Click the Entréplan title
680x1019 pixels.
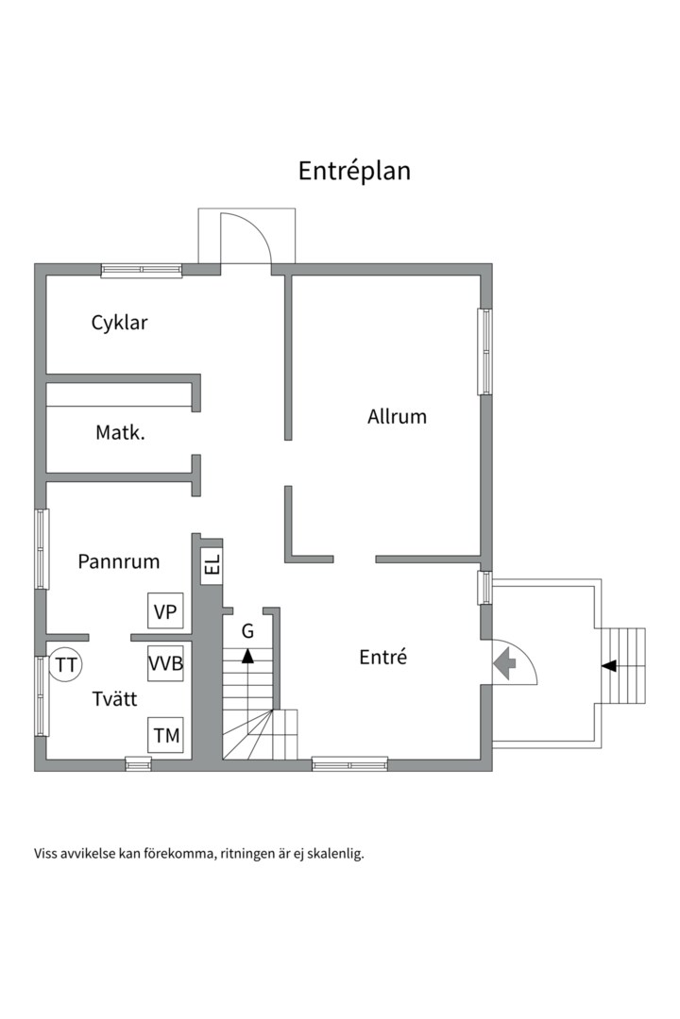[354, 171]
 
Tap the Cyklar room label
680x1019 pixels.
[119, 323]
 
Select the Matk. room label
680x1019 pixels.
[120, 432]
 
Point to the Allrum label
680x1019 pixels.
[397, 417]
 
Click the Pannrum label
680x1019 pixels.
[118, 561]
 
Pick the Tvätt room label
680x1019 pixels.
[114, 698]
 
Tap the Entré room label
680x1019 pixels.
[382, 657]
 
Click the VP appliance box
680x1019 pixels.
[165, 610]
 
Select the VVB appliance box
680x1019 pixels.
[165, 663]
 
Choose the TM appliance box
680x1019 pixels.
[165, 735]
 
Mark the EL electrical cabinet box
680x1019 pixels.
[212, 565]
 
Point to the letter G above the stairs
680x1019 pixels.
[247, 631]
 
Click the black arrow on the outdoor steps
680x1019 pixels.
[609, 665]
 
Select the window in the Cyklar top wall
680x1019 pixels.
[142, 271]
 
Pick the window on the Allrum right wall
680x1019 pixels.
[484, 351]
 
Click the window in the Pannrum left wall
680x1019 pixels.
[42, 549]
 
